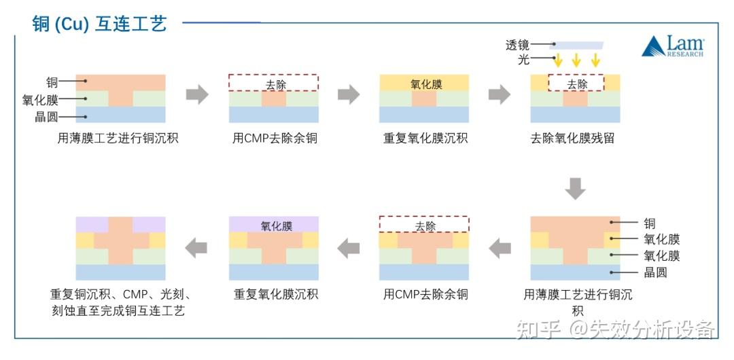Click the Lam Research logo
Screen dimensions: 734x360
[673, 46]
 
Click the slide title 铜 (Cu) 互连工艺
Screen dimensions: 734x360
[99, 24]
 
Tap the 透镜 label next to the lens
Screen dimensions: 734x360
[517, 45]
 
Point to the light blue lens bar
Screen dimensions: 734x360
[576, 46]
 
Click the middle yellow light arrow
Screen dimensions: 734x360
[576, 60]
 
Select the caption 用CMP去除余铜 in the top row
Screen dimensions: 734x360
[275, 139]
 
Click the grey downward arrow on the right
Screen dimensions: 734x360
[575, 188]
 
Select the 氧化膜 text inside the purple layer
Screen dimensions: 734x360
[276, 226]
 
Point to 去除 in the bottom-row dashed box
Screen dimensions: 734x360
[425, 226]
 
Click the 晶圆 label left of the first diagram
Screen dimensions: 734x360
[46, 117]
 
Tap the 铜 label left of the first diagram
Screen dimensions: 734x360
[52, 82]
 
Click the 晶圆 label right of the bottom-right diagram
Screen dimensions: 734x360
[656, 272]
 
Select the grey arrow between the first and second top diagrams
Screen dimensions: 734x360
[197, 94]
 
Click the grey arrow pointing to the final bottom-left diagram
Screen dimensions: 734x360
[196, 248]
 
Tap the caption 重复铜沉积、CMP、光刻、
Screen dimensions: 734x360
[120, 294]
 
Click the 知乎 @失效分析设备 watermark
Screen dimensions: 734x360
[616, 329]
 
